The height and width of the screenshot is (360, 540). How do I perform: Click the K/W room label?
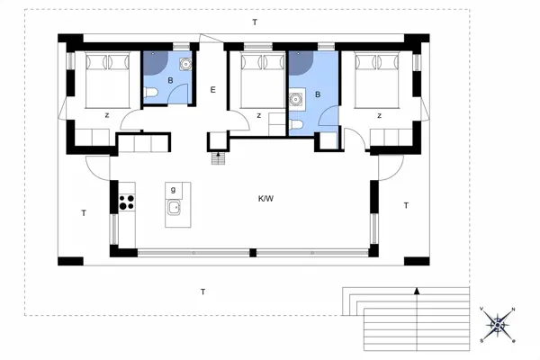(x=265, y=199)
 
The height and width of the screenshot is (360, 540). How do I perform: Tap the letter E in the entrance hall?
(x=212, y=90)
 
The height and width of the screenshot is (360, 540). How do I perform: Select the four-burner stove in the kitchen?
(x=127, y=202)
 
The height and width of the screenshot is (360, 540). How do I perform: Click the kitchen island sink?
(x=175, y=208)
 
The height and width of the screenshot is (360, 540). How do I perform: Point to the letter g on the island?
(x=173, y=190)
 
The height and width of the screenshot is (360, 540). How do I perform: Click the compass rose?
(x=498, y=325)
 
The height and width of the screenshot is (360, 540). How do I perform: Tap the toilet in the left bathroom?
(x=150, y=93)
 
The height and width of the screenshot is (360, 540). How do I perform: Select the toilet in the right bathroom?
(x=296, y=124)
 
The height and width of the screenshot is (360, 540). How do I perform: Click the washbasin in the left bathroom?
(x=186, y=64)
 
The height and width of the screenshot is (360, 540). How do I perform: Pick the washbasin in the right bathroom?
(x=295, y=99)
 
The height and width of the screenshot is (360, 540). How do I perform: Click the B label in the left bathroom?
(x=170, y=81)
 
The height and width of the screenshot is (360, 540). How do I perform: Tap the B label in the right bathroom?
(x=318, y=94)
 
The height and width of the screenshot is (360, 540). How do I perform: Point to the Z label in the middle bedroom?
(x=258, y=116)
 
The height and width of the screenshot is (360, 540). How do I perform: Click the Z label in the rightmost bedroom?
(x=379, y=116)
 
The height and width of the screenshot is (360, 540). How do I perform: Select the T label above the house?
(x=255, y=22)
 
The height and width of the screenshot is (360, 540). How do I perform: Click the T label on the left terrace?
(x=84, y=213)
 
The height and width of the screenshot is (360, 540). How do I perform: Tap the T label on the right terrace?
(x=406, y=206)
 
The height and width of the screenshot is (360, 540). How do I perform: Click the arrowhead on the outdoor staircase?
(x=417, y=291)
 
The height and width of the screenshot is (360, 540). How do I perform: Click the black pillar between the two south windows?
(x=253, y=253)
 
